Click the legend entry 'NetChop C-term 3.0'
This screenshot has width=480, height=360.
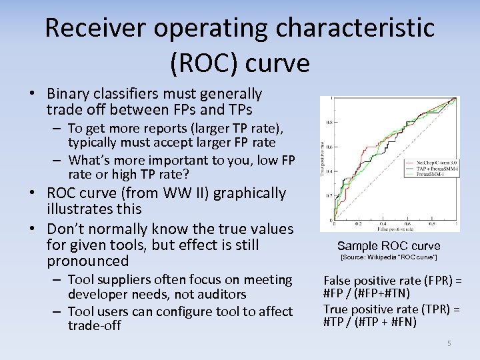437,163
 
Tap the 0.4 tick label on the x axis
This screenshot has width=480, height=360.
383,224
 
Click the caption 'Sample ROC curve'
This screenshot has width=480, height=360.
389,245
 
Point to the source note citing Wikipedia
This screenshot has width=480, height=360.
389,257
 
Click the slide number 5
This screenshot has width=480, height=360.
449,343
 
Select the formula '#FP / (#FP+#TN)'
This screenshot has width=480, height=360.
367,293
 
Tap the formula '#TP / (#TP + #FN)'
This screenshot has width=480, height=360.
370,322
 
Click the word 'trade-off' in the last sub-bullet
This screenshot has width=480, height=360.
94,325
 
